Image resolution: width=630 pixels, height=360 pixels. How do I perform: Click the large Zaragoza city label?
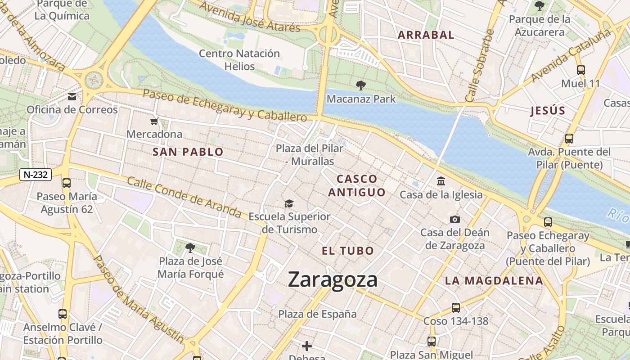coord(333,279)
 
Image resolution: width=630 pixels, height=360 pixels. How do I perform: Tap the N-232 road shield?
coord(36,175)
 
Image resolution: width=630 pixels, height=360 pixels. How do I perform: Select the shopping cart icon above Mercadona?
coord(154,121)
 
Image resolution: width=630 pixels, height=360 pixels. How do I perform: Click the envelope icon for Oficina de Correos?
coord(72,97)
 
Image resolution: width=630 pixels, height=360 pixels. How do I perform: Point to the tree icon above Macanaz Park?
coord(360,85)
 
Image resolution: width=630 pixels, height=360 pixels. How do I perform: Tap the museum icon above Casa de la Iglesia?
coord(441,181)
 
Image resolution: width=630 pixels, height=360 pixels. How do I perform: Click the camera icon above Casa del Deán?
coord(455,220)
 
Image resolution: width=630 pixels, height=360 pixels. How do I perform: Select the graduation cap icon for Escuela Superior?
coord(289,204)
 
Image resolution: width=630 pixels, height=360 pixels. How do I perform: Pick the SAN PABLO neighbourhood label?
coord(188,152)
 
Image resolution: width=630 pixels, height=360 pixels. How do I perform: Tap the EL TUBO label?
coord(348,251)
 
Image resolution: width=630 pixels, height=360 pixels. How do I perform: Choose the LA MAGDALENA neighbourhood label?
coord(494,281)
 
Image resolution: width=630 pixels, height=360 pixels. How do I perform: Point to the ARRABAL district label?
coord(426,35)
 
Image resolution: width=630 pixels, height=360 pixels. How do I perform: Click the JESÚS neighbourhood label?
coord(548,111)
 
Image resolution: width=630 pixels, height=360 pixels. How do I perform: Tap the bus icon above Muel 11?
coord(580,70)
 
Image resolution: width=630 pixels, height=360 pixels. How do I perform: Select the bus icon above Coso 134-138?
coord(456,308)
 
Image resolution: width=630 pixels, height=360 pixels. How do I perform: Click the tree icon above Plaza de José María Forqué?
coord(190,247)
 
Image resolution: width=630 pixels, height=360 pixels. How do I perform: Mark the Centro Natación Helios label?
coord(239,60)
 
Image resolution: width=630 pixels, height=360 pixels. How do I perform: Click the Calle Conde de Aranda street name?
coord(184,197)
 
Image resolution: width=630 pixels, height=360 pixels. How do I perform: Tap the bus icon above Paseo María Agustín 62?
coord(67,183)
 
